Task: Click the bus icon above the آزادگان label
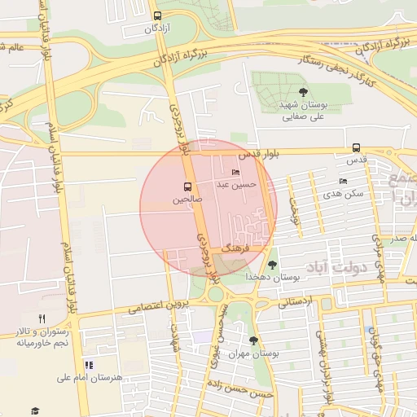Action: [x=157, y=15]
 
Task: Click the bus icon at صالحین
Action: [x=188, y=186]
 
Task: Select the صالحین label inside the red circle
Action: [x=187, y=199]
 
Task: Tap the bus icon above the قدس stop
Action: [x=357, y=147]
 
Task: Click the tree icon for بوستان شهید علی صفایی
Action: [x=304, y=92]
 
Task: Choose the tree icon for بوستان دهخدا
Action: [x=272, y=264]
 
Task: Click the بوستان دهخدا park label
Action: [x=274, y=277]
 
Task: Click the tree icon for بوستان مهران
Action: [x=253, y=340]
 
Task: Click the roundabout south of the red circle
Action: [x=215, y=292]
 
